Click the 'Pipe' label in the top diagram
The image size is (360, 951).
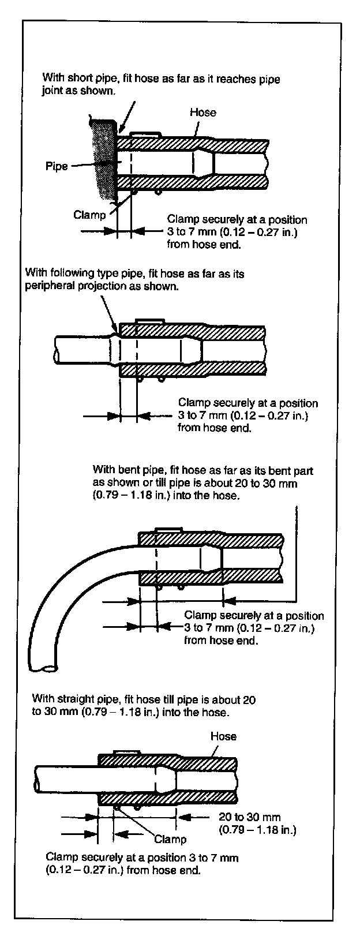coord(57,166)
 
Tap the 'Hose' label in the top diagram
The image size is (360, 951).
coord(202,113)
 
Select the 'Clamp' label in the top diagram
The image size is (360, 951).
coord(89,215)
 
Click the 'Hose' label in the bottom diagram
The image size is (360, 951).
coord(223,736)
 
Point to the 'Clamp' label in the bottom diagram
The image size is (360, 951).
coord(170,839)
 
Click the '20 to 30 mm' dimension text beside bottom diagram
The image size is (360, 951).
coord(250,817)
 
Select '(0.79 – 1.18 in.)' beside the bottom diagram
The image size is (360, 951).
coord(257,830)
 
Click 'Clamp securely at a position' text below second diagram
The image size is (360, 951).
coord(248,403)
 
